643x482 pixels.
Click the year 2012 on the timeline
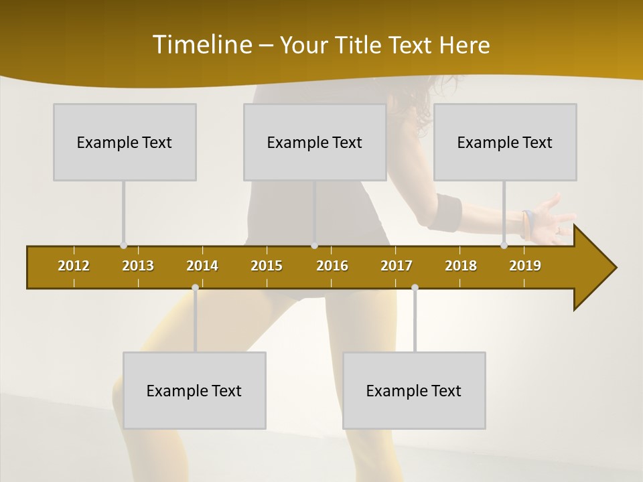[74, 266]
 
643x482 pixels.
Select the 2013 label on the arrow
[138, 266]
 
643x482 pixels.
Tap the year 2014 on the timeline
[202, 266]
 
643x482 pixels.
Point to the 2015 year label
[267, 266]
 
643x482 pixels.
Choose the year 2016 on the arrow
[332, 266]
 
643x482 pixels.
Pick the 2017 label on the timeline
[397, 266]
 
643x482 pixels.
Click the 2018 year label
[461, 266]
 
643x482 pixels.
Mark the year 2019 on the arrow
[525, 266]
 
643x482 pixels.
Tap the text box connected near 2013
[125, 142]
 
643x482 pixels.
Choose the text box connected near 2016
[315, 142]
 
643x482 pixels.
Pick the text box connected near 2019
[505, 142]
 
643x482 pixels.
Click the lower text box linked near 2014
[194, 390]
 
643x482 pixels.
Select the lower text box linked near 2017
[414, 390]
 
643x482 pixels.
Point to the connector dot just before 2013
[123, 246]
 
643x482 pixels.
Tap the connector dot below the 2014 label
[195, 288]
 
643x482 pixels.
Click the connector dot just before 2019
[504, 246]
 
